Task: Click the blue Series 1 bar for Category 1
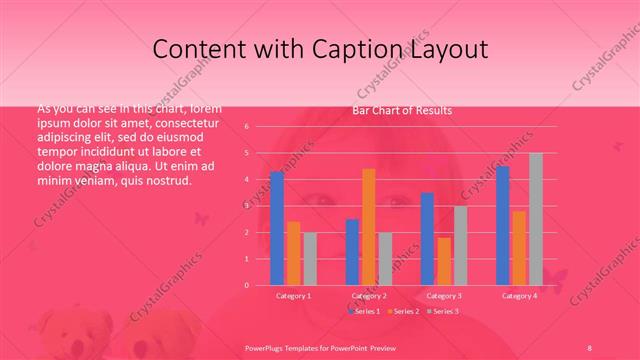(x=277, y=228)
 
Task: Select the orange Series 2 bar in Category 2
(x=368, y=226)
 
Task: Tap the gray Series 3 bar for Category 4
(x=535, y=219)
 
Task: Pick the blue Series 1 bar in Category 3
(x=427, y=238)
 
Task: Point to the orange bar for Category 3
(x=443, y=261)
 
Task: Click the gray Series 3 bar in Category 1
(x=309, y=258)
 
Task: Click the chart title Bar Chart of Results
(x=401, y=110)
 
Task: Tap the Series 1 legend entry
(x=365, y=312)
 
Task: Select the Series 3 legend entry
(x=442, y=312)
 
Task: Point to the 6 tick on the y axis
(x=259, y=127)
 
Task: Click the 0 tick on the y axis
(x=259, y=285)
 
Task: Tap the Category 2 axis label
(x=369, y=296)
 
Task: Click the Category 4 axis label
(x=519, y=296)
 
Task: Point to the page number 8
(x=589, y=346)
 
